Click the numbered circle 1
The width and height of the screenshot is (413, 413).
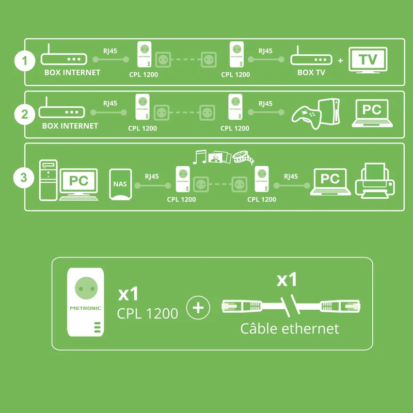(x=25, y=60)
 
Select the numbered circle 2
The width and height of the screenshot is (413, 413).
(x=24, y=114)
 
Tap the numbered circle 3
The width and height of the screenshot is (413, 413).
(x=24, y=178)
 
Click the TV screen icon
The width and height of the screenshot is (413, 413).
(x=368, y=60)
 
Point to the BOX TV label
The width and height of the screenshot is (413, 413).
(x=311, y=72)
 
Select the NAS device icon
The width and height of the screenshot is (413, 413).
(x=120, y=184)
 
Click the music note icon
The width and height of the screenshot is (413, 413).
(x=199, y=157)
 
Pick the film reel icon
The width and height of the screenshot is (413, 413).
(x=243, y=157)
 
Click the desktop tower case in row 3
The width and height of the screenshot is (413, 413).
(x=48, y=180)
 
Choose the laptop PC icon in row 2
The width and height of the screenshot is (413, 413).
(x=372, y=114)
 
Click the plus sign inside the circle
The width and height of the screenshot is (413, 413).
(x=198, y=308)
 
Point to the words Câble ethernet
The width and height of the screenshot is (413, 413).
(x=290, y=328)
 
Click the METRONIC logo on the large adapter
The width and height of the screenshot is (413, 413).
(x=85, y=308)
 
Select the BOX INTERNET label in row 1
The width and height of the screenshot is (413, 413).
(x=72, y=72)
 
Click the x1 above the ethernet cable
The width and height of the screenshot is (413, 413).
(x=287, y=280)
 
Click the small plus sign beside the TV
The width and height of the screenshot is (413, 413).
(x=341, y=60)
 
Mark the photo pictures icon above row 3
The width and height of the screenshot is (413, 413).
(x=220, y=157)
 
